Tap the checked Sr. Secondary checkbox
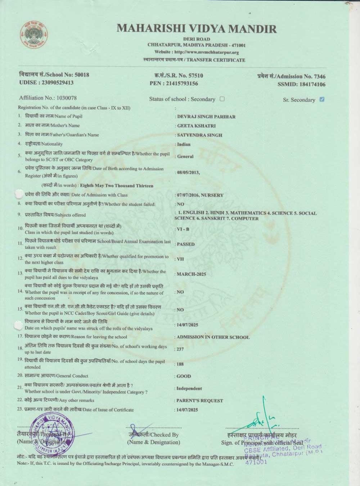322,99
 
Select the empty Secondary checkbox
222,99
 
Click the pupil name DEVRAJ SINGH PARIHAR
206,117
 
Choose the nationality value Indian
184,144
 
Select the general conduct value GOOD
184,376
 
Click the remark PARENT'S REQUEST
199,401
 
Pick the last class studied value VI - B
183,229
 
